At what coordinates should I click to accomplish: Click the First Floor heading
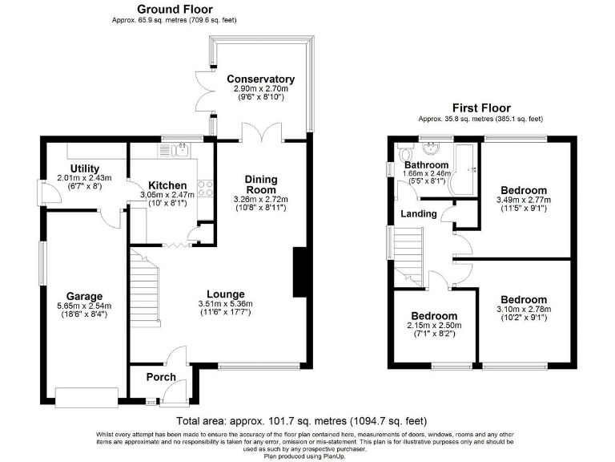pos(480,108)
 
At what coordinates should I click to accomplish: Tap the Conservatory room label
pos(260,79)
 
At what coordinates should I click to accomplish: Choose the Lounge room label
pos(225,294)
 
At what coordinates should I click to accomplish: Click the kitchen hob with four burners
pos(204,188)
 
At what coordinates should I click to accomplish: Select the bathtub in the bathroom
pos(464,169)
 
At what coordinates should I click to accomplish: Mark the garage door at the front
pos(84,394)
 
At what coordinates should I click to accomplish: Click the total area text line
pos(301,421)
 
